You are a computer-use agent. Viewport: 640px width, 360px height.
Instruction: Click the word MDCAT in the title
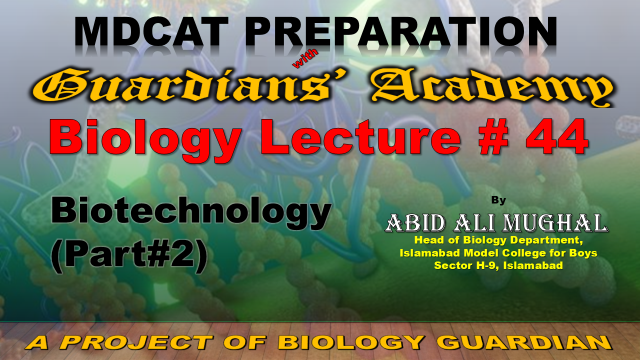(x=151, y=32)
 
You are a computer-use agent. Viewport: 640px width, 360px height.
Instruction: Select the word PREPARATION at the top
(x=401, y=32)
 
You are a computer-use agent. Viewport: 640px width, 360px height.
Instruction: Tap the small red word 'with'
(x=305, y=59)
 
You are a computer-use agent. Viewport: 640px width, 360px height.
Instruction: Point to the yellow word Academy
(x=492, y=87)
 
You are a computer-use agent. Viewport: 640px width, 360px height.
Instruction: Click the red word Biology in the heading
(x=144, y=139)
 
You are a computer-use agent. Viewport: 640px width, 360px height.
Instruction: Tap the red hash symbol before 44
(x=494, y=137)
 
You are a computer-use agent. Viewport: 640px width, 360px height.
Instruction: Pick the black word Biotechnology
(x=191, y=213)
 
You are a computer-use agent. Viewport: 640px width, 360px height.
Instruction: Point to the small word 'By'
(x=498, y=200)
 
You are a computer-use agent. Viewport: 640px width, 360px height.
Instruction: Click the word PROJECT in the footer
(x=137, y=342)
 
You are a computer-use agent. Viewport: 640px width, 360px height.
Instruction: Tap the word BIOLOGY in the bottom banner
(x=351, y=342)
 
